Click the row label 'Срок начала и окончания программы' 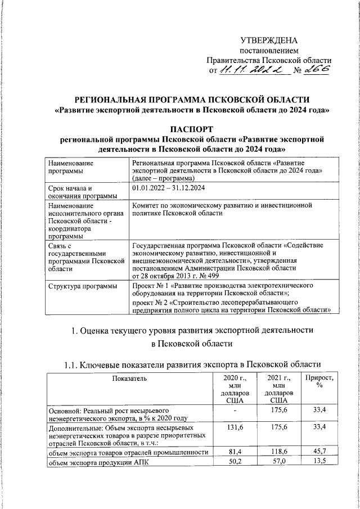(83, 192)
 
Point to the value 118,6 (276, 451)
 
